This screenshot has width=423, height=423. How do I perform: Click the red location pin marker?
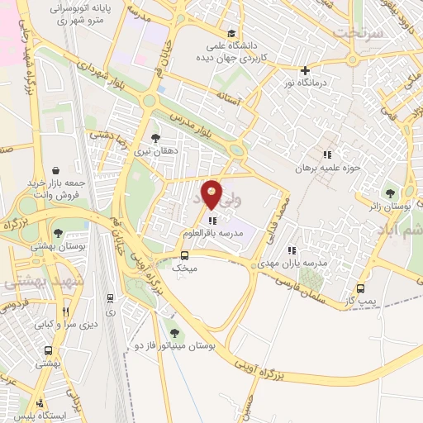212,194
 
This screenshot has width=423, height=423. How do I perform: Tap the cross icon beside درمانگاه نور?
306,71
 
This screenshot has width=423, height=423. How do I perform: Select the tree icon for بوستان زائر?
390,193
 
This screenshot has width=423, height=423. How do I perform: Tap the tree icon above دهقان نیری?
155,139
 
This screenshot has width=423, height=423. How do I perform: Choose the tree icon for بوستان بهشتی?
57,233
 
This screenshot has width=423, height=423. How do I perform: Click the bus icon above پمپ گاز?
360,288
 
